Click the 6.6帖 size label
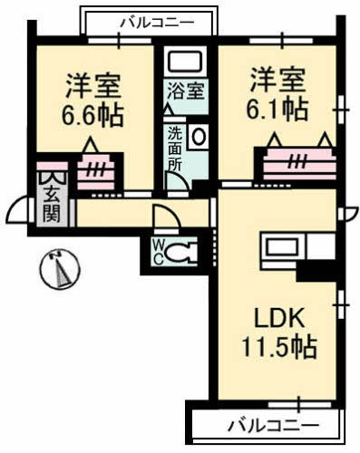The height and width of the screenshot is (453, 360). click(x=94, y=116)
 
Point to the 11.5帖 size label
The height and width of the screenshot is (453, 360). click(x=279, y=347)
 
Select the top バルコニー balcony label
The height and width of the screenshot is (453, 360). click(x=150, y=20)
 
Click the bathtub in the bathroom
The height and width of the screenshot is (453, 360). click(x=186, y=63)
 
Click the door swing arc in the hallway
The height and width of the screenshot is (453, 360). click(x=166, y=219)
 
